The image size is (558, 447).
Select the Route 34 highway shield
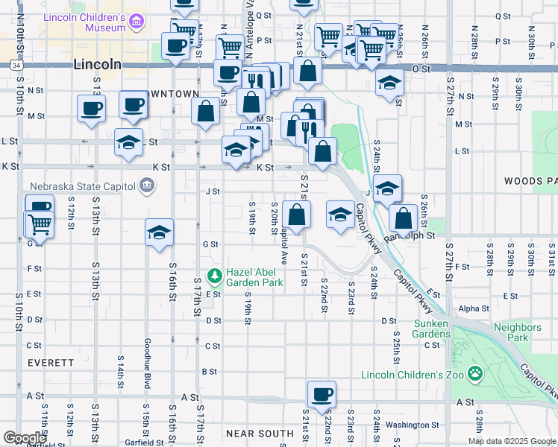(16, 65)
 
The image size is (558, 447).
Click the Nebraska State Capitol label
(82, 186)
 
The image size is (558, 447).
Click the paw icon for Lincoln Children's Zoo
(475, 372)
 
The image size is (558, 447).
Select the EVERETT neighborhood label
(51, 362)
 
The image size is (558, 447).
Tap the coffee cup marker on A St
(322, 395)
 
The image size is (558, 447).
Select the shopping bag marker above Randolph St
(403, 218)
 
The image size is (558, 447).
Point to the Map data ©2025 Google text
(512, 441)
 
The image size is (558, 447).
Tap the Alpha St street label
(473, 308)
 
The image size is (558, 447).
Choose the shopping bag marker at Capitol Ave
(297, 215)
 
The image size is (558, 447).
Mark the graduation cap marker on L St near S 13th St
(128, 142)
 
